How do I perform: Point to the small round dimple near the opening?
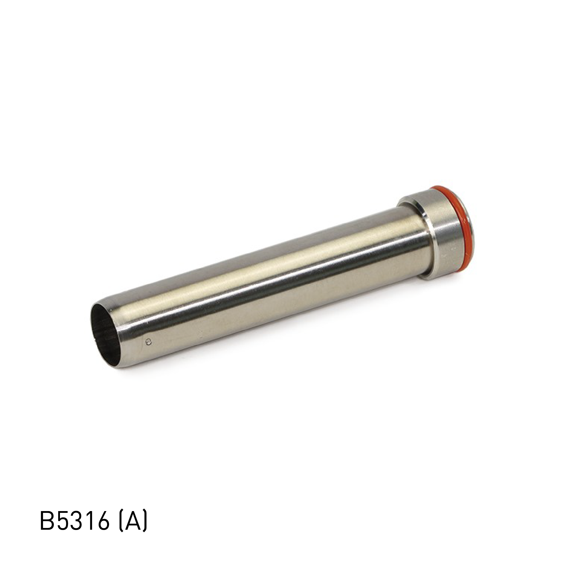point(150,341)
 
